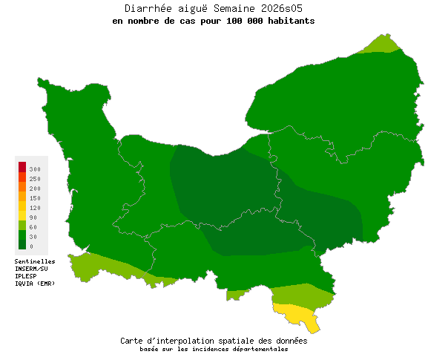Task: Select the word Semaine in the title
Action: [234, 8]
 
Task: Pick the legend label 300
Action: [35, 170]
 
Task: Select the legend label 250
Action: [35, 179]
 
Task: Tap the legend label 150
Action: [35, 198]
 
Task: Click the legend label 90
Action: [33, 217]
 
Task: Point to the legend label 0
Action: [31, 246]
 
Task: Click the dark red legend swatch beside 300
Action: [22, 166]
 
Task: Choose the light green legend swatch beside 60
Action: [22, 225]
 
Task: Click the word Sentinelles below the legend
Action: [35, 261]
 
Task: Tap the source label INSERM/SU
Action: [31, 269]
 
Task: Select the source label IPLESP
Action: [26, 276]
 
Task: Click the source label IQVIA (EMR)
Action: [35, 284]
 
